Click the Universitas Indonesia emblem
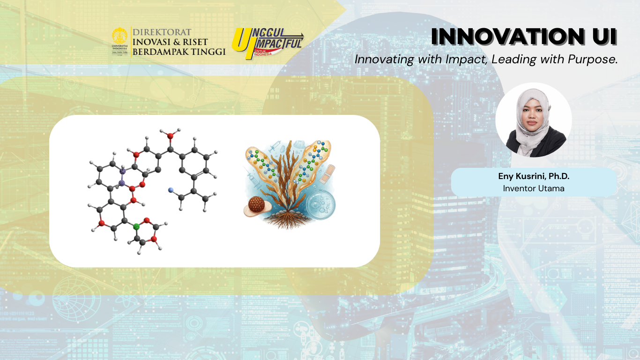coord(119,41)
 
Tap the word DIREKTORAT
coord(162,32)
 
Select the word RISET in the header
coord(195,42)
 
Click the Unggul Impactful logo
coord(268,43)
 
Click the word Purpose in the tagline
coord(593,60)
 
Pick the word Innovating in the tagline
coord(384,60)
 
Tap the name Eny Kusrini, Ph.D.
coord(534,176)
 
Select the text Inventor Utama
coord(534,188)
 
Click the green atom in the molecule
coord(136,226)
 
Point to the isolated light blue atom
coord(171,189)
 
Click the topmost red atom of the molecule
coord(170,136)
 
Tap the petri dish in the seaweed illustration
coord(320,204)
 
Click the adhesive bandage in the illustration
coord(327,174)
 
